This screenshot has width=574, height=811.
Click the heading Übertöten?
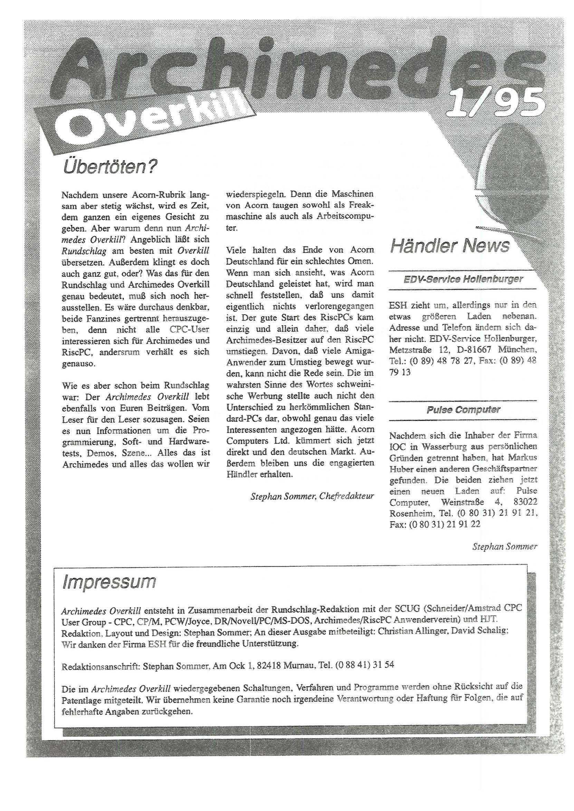(x=109, y=167)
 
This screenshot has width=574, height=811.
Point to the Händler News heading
(x=450, y=246)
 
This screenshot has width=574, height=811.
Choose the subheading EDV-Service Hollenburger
(x=463, y=279)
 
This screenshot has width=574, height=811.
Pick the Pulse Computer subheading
(x=463, y=410)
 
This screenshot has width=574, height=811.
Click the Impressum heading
(x=108, y=582)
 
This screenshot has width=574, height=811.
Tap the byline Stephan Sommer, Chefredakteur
(x=312, y=496)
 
